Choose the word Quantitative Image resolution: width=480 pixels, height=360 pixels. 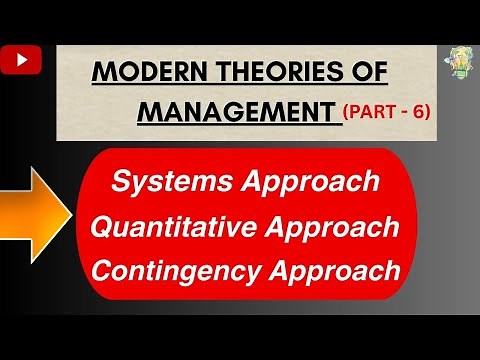coord(170,227)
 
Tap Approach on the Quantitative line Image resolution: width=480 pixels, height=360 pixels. coord(333,227)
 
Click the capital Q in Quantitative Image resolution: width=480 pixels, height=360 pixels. coord(102,227)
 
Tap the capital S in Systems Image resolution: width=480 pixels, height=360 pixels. coord(121,183)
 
